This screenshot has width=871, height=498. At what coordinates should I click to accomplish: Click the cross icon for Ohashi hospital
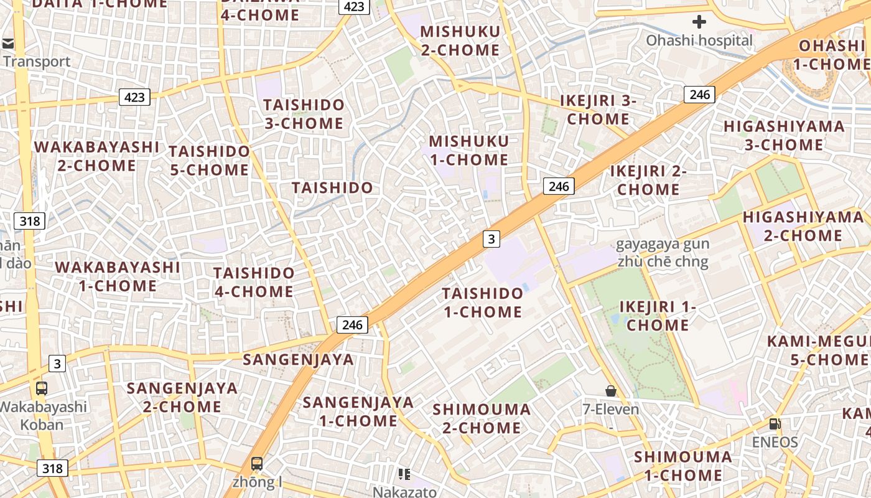pos(699,22)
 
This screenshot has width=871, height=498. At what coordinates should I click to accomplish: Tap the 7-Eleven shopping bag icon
pos(611,391)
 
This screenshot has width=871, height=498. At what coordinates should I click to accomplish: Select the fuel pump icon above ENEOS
pos(775,424)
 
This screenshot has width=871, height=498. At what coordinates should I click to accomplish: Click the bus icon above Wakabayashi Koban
pos(42,388)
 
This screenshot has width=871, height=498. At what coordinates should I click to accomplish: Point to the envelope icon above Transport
pos(8,44)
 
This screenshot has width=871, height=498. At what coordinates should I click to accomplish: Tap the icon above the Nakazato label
pos(404,474)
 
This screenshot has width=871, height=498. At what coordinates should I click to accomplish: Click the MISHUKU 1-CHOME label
pos(468,151)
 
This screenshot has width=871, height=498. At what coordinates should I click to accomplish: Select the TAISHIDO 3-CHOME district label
pos(304,114)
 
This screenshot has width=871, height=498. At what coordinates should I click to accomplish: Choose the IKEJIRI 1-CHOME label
pos(658,316)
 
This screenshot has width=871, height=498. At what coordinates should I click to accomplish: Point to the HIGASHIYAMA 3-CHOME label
pos(784,136)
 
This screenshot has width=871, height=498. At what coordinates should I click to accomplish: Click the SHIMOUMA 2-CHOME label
pos(482,418)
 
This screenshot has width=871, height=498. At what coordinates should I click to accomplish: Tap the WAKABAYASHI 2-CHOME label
pos(96,156)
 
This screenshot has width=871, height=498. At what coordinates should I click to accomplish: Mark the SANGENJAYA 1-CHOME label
pos(358,411)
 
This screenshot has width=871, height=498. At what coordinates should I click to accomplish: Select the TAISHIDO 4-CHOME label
pos(254,282)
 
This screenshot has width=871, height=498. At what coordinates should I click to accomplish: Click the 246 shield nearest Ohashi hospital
pos(699,95)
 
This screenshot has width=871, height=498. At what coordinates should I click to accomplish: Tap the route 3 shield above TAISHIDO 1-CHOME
pos(491,238)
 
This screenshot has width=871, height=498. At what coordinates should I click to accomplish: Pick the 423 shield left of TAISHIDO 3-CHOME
pos(134,97)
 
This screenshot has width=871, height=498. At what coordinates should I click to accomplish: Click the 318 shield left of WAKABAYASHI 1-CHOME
pos(29,221)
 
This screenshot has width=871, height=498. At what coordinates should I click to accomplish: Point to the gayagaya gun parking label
pos(663,253)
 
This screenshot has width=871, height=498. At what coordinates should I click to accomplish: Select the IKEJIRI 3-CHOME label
pos(598,110)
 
